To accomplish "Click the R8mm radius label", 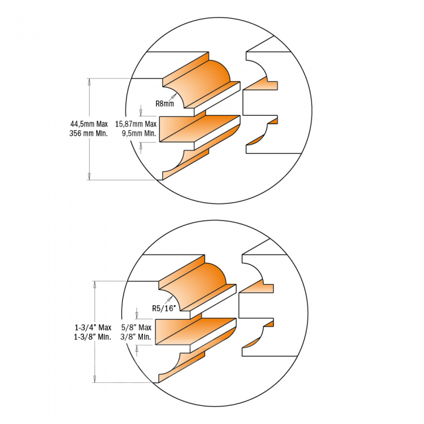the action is pos(165,104).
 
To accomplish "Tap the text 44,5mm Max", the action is pos(89,124).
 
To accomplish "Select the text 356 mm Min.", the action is pos(88,134).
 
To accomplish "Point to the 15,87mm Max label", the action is pos(136,124).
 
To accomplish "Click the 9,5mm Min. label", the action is pos(139,134).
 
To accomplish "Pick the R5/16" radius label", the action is pos(164,308).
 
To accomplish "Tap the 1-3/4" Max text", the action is pos(93,328).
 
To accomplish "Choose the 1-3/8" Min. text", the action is pos(93,337).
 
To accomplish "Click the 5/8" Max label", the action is pos(136,328).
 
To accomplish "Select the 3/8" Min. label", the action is pos(136,337).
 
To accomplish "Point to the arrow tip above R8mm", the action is pos(176,94).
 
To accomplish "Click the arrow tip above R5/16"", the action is pos(173,296).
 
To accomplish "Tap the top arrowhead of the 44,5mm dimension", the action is pos(89,79).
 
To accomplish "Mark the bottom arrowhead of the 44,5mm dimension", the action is pos(89,179).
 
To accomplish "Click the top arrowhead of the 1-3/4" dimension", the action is pos(94,281).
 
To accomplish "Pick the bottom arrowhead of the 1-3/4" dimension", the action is pos(94,382).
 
